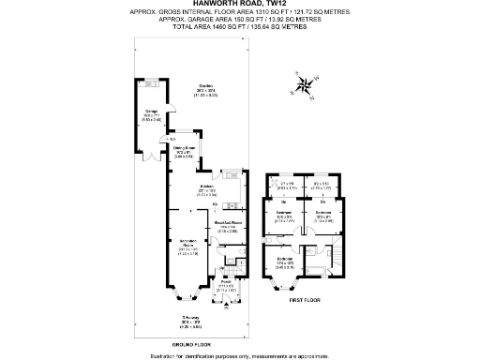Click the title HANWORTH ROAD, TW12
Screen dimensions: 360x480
tap(239, 5)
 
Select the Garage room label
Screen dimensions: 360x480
tap(151, 116)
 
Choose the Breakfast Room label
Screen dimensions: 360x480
tap(230, 226)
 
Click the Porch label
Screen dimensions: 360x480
tap(226, 287)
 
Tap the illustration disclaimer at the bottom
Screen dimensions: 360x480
tap(239, 355)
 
